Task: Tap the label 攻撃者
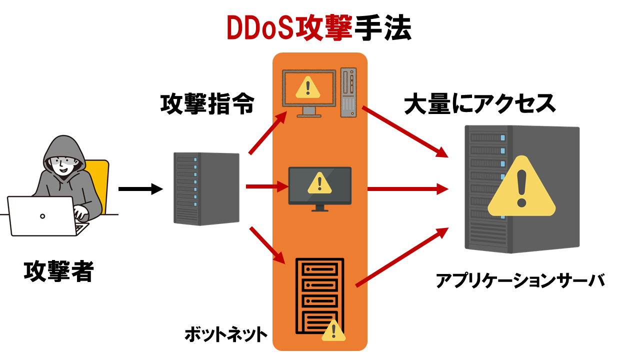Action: click(x=58, y=270)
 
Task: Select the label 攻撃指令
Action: click(x=207, y=104)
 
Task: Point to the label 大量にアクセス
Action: click(x=479, y=104)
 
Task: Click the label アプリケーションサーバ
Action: click(x=520, y=280)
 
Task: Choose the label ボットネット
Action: click(x=226, y=334)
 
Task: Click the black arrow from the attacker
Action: click(x=140, y=189)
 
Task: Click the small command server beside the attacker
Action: click(x=206, y=188)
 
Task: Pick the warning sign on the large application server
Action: click(x=521, y=188)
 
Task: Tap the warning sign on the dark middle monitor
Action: click(x=317, y=183)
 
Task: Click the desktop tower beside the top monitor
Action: click(x=349, y=92)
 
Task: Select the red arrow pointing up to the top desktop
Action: click(x=267, y=132)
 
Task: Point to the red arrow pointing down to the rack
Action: click(x=267, y=244)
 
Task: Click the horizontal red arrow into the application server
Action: click(x=406, y=189)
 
